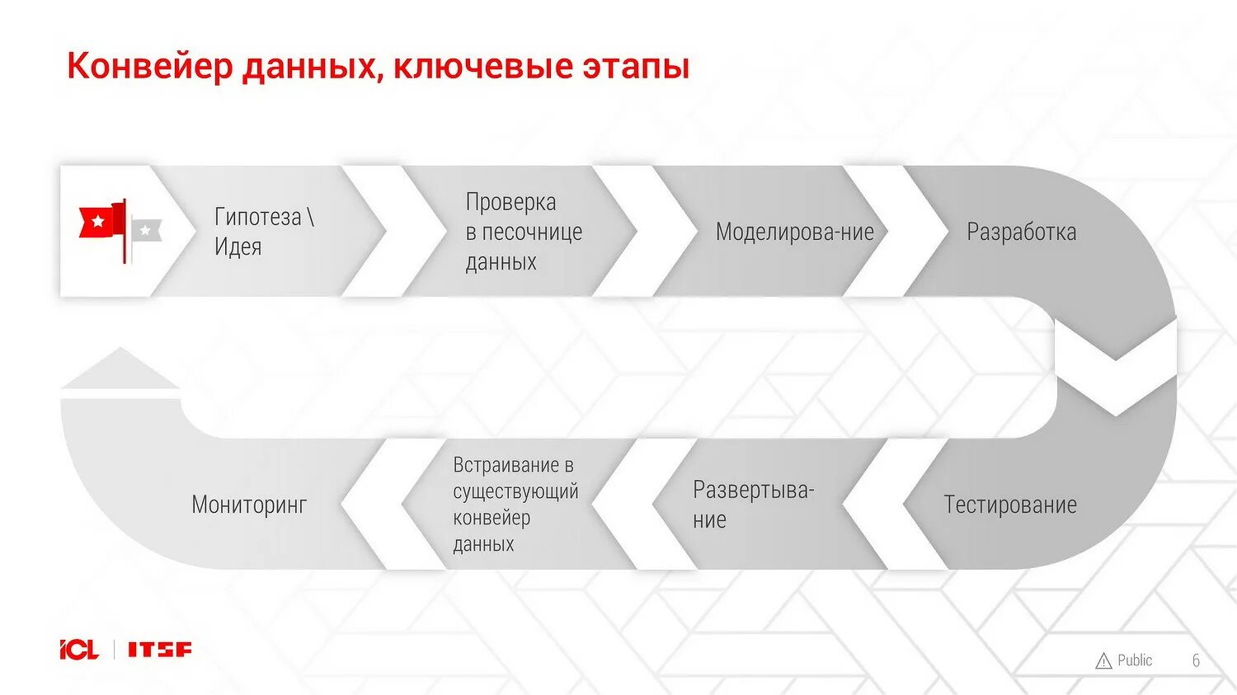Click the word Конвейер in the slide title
(150, 66)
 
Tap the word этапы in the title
(636, 66)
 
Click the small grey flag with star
(146, 232)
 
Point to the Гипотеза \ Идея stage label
(263, 232)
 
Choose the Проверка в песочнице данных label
(523, 232)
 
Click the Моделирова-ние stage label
(794, 232)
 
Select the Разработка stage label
(1021, 232)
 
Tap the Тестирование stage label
(1009, 505)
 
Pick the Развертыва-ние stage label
(752, 505)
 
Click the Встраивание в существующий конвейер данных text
(515, 505)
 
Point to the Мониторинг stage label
(249, 505)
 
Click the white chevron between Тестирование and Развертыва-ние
(876, 504)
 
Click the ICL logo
(79, 650)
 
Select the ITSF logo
(159, 650)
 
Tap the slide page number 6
(1196, 660)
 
